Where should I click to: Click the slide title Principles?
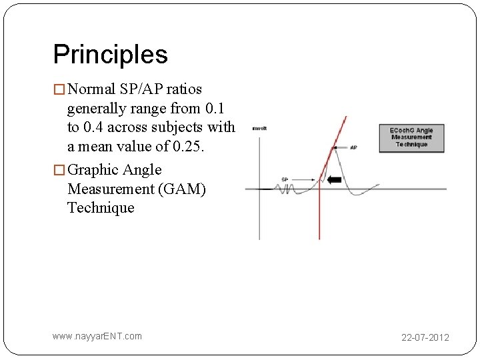point(110,54)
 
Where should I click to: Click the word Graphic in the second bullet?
point(93,170)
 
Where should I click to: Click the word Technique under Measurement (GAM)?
point(101,207)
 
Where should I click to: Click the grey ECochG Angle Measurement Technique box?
point(411,137)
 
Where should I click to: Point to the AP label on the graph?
point(353,147)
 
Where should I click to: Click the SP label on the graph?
point(285,179)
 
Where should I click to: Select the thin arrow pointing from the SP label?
point(303,179)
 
